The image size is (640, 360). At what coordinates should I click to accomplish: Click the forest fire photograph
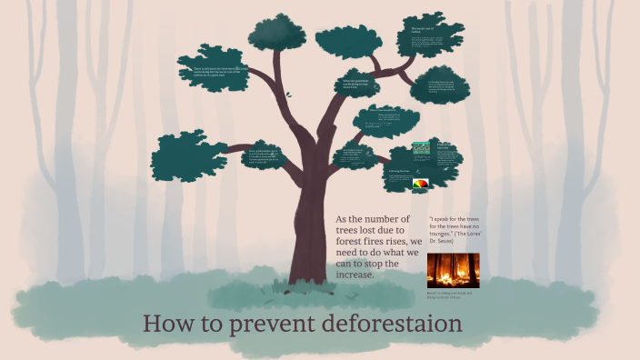[453, 270]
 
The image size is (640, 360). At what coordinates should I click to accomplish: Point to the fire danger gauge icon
[421, 183]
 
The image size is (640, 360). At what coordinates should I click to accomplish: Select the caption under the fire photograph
[452, 295]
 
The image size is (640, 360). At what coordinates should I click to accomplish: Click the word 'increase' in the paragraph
[355, 274]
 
